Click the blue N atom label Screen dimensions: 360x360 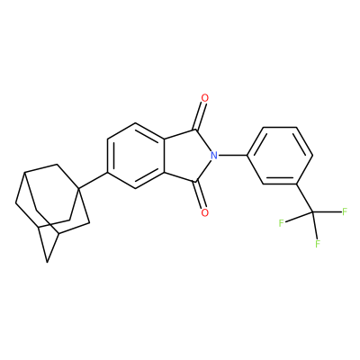213,156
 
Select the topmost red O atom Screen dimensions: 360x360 205,98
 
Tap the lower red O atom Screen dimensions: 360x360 205,212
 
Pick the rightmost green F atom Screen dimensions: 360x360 345,211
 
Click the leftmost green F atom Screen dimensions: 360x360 282,223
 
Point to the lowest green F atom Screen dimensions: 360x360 318,243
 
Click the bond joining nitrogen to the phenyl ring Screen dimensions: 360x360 232,156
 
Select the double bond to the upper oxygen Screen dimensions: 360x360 201,116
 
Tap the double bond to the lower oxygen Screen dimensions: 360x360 201,194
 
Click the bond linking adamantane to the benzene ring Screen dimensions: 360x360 93,181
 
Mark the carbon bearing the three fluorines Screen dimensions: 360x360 313,212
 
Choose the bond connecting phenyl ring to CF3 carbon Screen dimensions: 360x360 304,198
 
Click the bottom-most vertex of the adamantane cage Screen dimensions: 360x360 47,262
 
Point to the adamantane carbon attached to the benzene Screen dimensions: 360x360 78,188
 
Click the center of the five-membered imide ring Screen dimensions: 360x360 188,156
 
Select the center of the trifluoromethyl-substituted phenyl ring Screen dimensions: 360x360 280,156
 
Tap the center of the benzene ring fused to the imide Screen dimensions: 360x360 136,156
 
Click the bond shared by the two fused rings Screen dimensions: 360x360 164,156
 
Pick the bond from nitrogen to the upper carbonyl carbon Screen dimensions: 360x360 203,141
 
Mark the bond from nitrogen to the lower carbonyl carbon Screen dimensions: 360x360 203,170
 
